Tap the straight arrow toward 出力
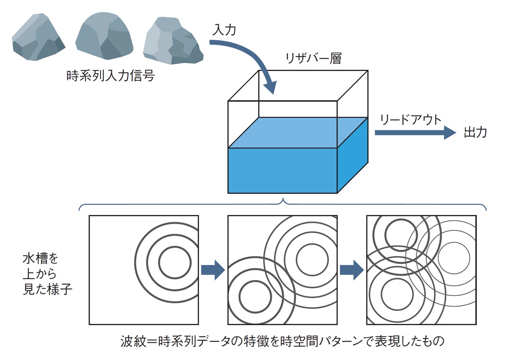click(x=415, y=132)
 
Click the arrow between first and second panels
click(x=213, y=270)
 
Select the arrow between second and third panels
click(x=352, y=270)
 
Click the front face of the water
click(x=282, y=170)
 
